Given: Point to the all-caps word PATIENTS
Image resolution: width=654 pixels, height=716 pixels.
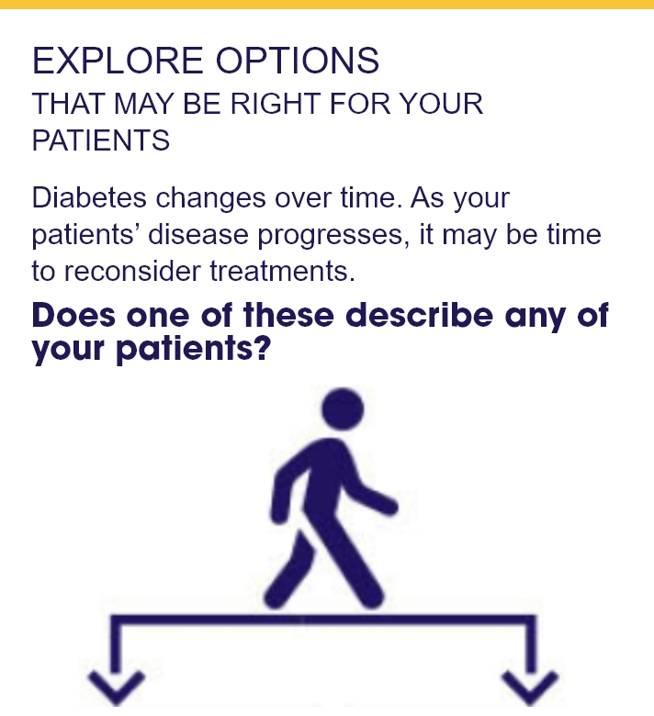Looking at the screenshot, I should coord(101,140).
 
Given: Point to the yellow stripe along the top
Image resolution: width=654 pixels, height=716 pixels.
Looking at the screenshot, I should coord(327,4).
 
